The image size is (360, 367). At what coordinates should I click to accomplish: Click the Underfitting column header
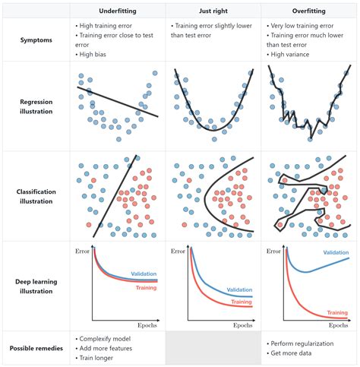point(118,11)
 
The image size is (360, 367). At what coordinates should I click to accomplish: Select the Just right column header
point(213,11)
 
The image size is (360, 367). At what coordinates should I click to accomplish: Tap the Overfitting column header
point(308,11)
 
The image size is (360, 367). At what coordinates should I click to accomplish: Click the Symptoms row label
point(36,40)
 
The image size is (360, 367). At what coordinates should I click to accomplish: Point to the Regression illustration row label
point(36,106)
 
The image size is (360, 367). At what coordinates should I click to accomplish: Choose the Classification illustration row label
point(36,196)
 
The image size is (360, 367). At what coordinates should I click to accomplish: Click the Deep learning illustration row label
point(36,286)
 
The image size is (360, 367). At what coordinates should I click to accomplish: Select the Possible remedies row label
point(36,348)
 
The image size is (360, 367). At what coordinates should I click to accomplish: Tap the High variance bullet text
point(292,54)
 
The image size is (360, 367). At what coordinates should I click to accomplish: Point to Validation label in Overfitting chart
point(335,252)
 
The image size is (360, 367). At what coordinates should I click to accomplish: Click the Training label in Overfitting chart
point(338,312)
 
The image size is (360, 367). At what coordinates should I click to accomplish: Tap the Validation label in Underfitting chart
point(144,274)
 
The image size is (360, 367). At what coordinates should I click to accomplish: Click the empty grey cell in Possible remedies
point(213,348)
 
